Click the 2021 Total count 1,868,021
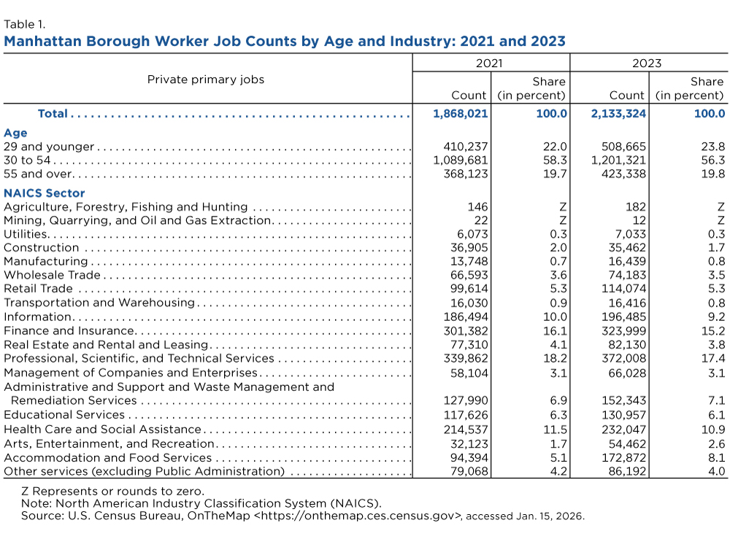coord(461,114)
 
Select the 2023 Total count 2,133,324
coord(618,114)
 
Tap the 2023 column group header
coord(647,63)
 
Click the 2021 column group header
coord(489,63)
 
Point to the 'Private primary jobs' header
coord(206,80)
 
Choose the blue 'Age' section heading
coord(15,133)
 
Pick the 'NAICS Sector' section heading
coord(45,193)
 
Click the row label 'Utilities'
coord(26,234)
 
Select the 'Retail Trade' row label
coord(38,288)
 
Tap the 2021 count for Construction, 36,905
coord(469,247)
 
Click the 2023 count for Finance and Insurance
coord(624,330)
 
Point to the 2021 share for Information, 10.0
coord(555,317)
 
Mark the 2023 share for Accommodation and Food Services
coord(717,457)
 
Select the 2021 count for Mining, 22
coord(481,220)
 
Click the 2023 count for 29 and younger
coord(624,147)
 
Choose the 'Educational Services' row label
coord(64,414)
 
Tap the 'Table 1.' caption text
coord(25,24)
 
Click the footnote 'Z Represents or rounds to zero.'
coord(112,491)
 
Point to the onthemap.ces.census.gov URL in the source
coord(358,516)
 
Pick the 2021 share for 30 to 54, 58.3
coord(555,160)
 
